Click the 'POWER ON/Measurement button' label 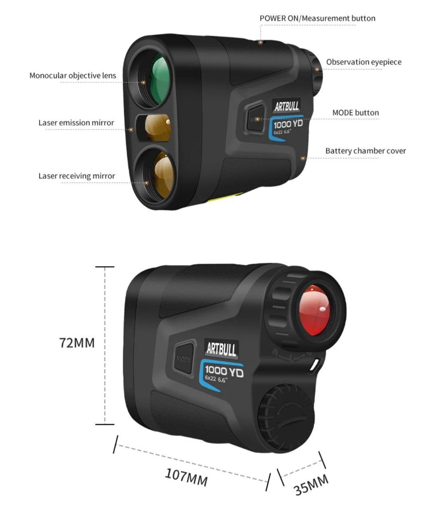tap(317, 18)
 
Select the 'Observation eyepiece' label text tap(364, 62)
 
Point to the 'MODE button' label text tap(355, 113)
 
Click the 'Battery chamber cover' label tap(365, 151)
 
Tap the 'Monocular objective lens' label tap(73, 75)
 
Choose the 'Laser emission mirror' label tap(76, 123)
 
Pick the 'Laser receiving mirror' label tap(77, 176)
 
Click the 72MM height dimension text tap(77, 343)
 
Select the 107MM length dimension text tap(186, 477)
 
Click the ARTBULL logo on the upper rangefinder tap(287, 106)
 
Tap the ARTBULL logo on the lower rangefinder tap(221, 349)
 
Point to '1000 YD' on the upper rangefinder tap(288, 124)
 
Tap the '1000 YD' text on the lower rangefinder tap(224, 372)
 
